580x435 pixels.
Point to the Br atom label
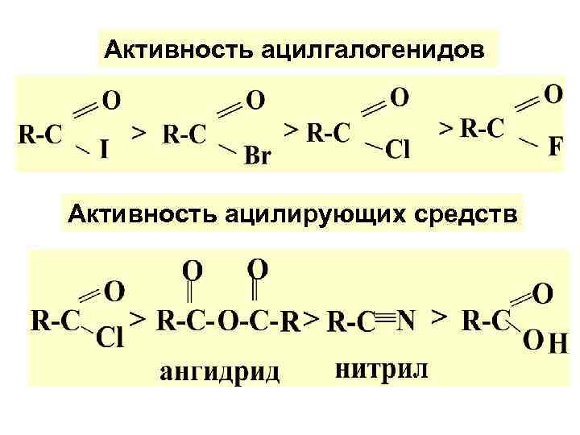click(x=257, y=155)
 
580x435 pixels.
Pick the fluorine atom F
click(x=555, y=148)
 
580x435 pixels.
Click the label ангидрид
click(x=219, y=372)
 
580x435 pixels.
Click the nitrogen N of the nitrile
click(x=406, y=321)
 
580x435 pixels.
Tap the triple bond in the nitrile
click(x=386, y=321)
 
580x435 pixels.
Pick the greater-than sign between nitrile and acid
click(x=440, y=317)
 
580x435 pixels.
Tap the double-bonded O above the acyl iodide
click(x=112, y=101)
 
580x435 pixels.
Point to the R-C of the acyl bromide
click(x=184, y=133)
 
